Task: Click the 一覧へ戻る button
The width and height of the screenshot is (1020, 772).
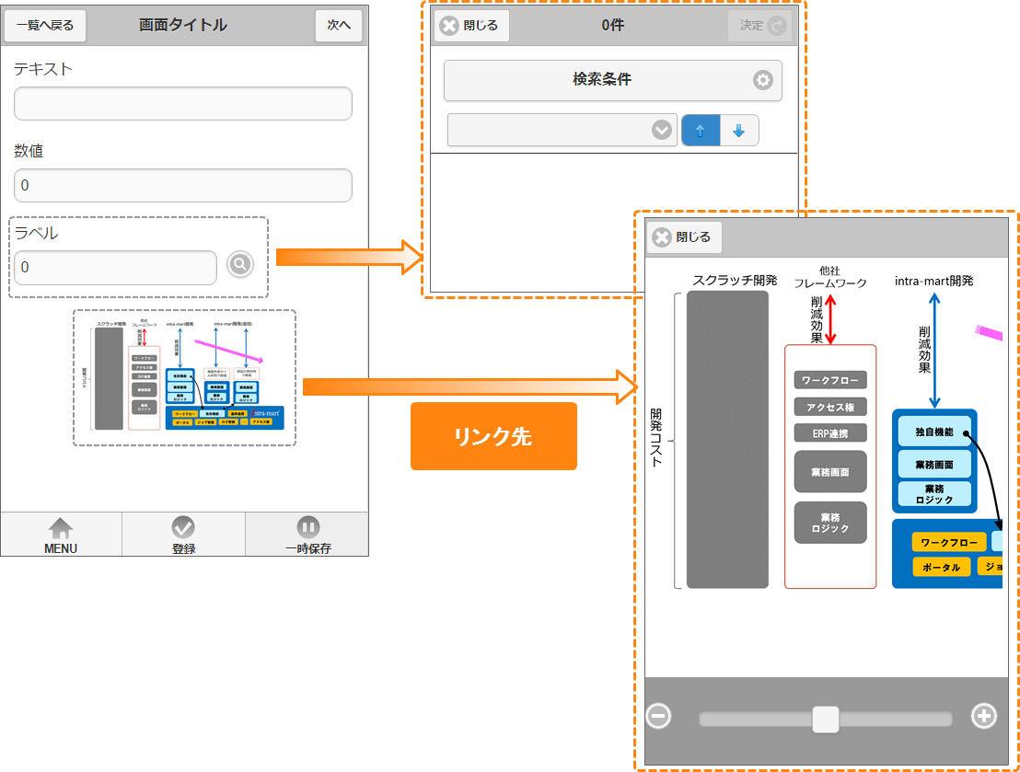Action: pos(45,25)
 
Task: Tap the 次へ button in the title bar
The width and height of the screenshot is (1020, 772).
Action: pos(339,25)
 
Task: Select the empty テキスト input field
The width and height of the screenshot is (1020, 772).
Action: pos(183,104)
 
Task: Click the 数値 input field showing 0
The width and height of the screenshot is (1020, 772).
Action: pos(183,185)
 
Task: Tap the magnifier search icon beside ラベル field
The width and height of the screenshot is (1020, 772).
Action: pos(239,265)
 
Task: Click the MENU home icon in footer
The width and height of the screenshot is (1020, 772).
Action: pos(61,535)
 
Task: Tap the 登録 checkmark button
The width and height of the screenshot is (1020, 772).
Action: pos(183,535)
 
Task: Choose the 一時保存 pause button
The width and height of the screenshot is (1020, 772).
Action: pos(307,535)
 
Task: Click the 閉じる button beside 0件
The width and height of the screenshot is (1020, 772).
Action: pos(470,26)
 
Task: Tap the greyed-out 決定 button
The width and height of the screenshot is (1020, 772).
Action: pos(759,26)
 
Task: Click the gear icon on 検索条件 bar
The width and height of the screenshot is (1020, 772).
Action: pos(762,80)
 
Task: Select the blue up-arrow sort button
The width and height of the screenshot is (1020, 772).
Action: pos(700,131)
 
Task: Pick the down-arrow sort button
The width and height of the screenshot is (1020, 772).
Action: pos(738,131)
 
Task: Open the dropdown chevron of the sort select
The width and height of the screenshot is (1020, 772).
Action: pos(661,131)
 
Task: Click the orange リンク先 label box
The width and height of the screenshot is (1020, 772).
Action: pos(493,436)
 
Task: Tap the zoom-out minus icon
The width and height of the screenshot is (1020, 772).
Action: pos(658,716)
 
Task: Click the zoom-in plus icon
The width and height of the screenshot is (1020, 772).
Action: pos(984,716)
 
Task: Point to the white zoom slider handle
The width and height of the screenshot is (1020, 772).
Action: pos(826,719)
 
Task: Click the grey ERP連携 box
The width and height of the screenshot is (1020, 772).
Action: pos(830,433)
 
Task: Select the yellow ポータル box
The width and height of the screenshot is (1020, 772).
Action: pos(941,568)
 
